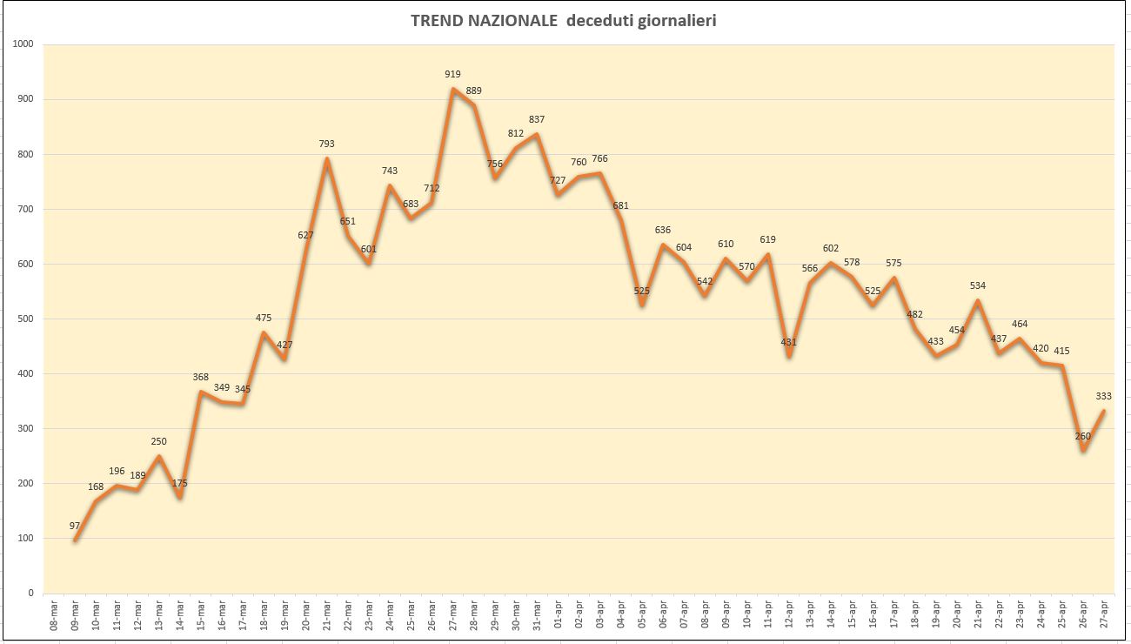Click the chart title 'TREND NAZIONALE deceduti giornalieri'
(564, 21)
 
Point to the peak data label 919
(452, 74)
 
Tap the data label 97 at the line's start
(75, 527)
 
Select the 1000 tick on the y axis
(23, 44)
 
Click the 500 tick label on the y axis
(25, 319)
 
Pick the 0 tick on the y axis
(30, 593)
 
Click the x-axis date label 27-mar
(453, 615)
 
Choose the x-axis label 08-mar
(54, 615)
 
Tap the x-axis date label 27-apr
(1104, 615)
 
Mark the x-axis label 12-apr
(789, 615)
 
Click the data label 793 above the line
(326, 144)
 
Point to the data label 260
(1083, 436)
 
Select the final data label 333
(1104, 397)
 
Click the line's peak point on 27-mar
(453, 89)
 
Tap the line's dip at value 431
(789, 357)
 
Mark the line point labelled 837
(537, 134)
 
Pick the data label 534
(978, 286)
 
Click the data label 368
(200, 378)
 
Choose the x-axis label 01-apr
(558, 615)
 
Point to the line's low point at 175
(180, 497)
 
